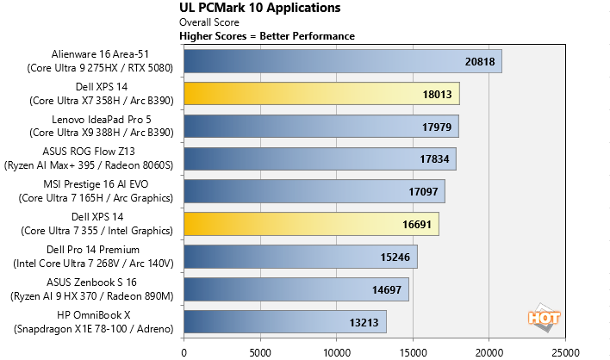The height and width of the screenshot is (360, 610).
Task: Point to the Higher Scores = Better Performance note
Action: tap(266, 36)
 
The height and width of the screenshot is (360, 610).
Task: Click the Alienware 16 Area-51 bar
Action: tap(342, 61)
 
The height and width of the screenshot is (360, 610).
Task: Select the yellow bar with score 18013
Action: tap(321, 94)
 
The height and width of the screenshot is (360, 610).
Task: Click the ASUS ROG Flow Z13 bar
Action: tap(320, 159)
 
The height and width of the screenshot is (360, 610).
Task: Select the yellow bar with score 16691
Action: tap(311, 224)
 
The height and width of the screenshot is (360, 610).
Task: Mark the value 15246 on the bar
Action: tap(396, 257)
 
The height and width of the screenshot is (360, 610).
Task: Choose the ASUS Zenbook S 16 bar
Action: tap(296, 289)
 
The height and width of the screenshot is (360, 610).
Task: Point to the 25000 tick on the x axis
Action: tap(565, 351)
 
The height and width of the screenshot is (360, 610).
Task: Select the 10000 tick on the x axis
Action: tap(336, 351)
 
